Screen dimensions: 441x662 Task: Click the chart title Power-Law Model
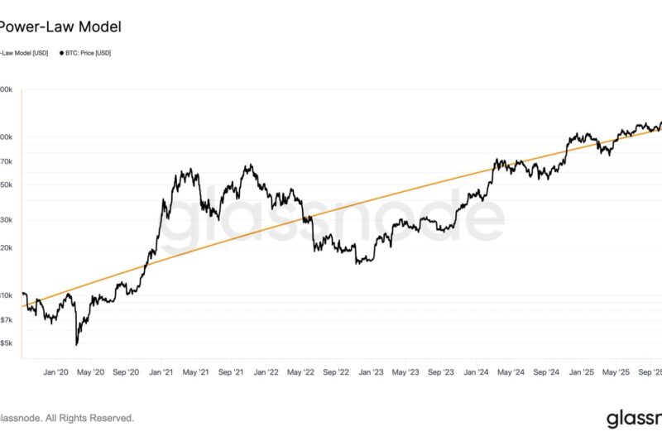pyautogui.click(x=60, y=26)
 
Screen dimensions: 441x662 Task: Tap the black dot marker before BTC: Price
pyautogui.click(x=60, y=53)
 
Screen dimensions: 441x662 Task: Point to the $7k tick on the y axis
pyautogui.click(x=7, y=319)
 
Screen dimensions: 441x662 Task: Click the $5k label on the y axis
pyautogui.click(x=7, y=343)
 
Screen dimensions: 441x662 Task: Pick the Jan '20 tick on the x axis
pyautogui.click(x=57, y=372)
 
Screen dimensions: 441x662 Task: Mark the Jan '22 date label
pyautogui.click(x=266, y=372)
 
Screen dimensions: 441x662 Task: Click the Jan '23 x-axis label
pyautogui.click(x=372, y=372)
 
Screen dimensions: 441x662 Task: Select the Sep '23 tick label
pyautogui.click(x=442, y=372)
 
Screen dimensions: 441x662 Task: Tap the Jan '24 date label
pyautogui.click(x=477, y=372)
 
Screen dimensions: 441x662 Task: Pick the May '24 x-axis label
pyautogui.click(x=511, y=372)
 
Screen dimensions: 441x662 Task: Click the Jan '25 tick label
pyautogui.click(x=581, y=372)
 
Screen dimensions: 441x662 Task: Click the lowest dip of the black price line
pyautogui.click(x=76, y=344)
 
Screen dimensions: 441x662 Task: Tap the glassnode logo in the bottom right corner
pyautogui.click(x=633, y=418)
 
